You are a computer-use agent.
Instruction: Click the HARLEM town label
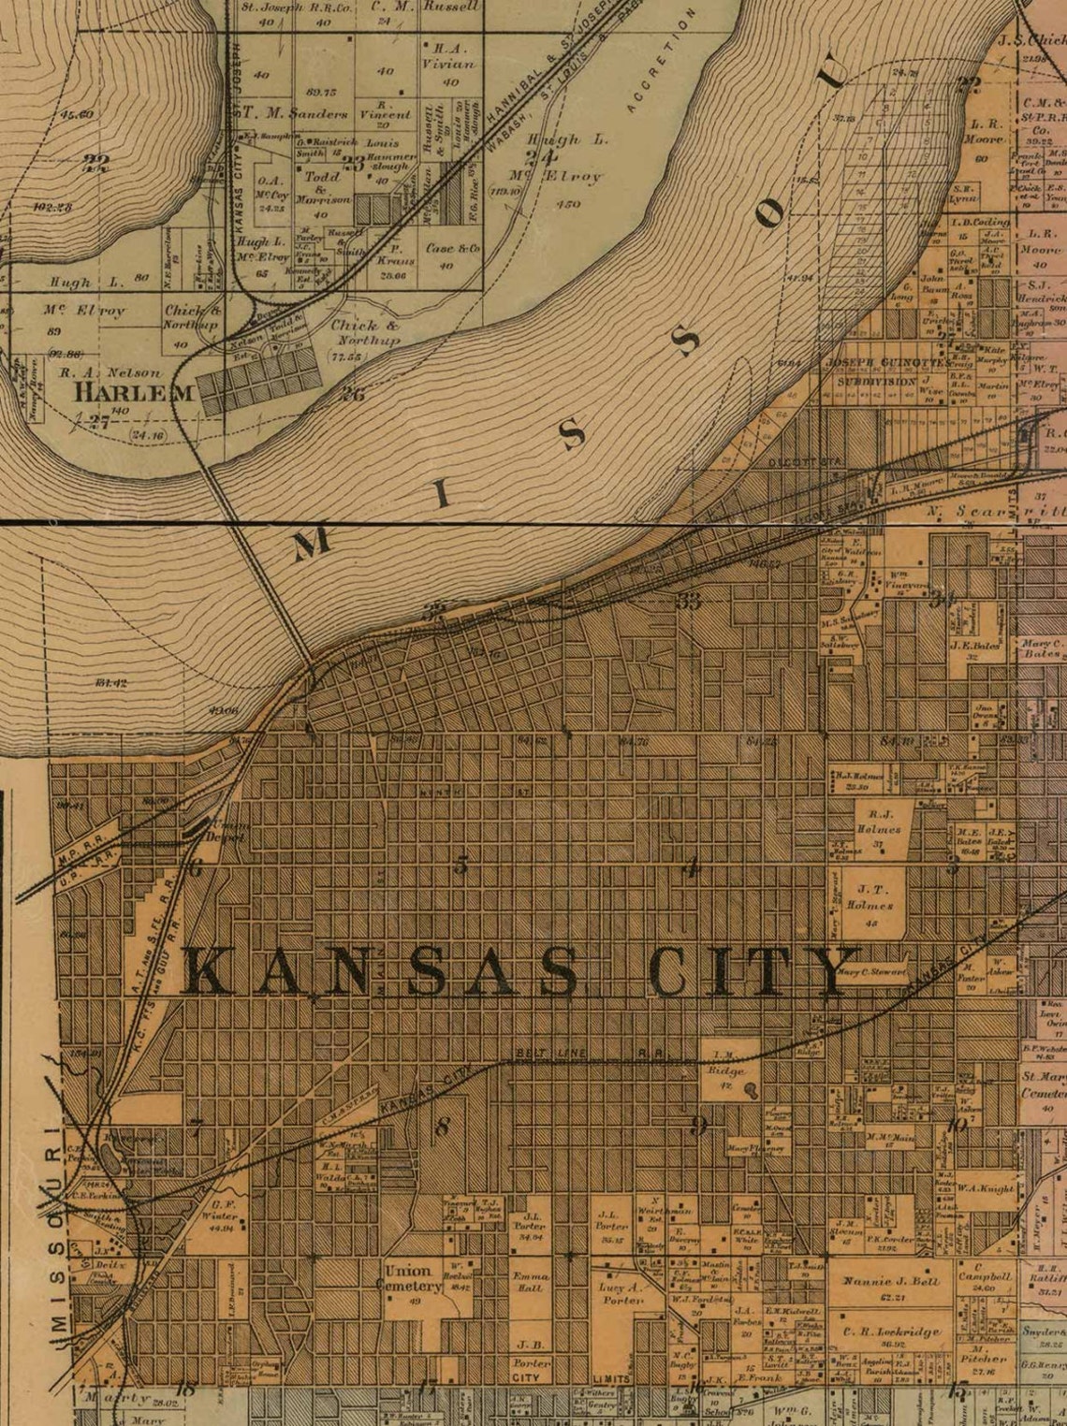click(x=136, y=391)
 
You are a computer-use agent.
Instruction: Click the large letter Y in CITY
click(x=833, y=971)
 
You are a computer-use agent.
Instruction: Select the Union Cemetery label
click(x=409, y=1278)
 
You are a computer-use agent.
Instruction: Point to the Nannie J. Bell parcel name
click(x=891, y=1281)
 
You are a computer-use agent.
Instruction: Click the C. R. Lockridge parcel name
click(x=890, y=1331)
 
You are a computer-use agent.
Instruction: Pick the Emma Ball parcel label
click(x=531, y=1281)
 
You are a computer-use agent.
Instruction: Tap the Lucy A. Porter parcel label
click(x=621, y=1293)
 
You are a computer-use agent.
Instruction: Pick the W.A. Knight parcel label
click(x=986, y=1189)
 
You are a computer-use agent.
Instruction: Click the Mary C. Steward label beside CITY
click(x=872, y=972)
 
